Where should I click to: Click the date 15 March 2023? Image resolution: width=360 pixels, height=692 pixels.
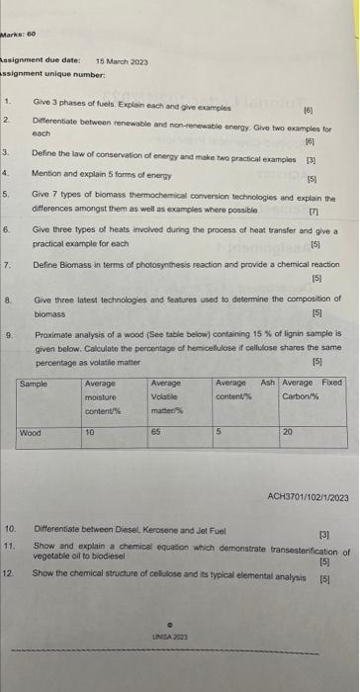122,61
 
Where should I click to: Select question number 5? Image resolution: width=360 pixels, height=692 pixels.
8,195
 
